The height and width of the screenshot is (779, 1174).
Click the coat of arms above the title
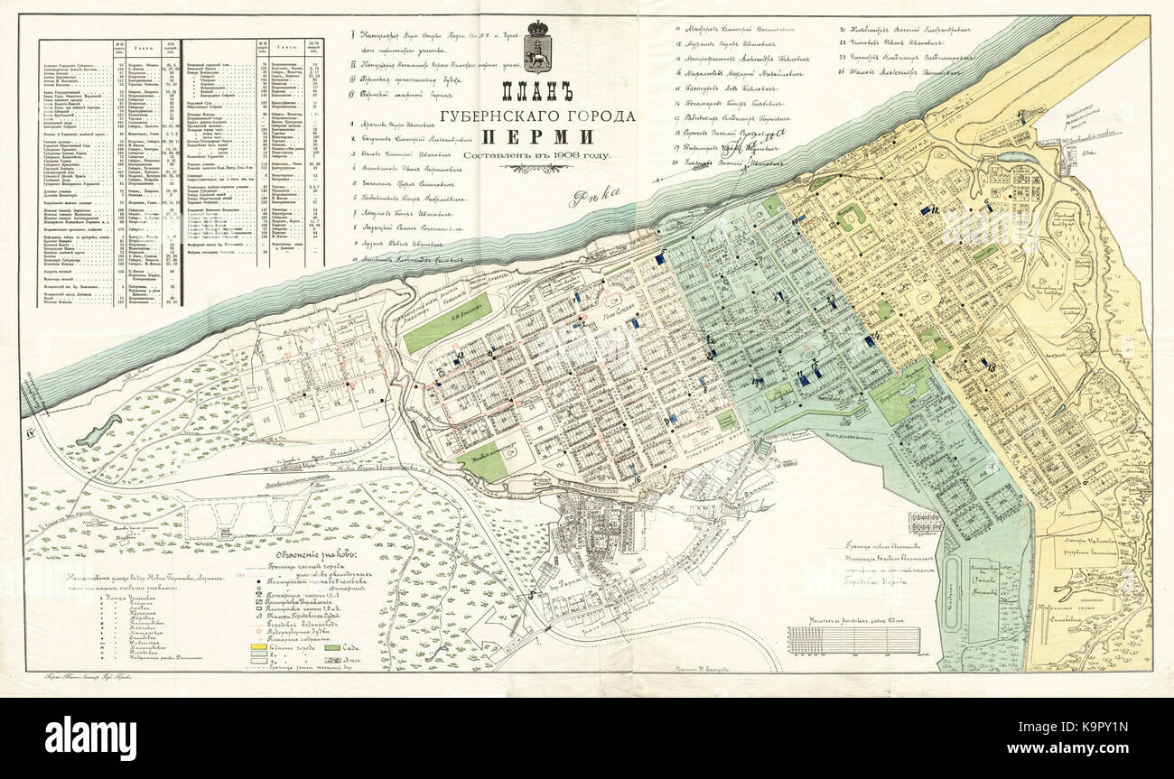[539, 48]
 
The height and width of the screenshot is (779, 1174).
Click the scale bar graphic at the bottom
[853, 639]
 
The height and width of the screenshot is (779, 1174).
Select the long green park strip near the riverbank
[447, 321]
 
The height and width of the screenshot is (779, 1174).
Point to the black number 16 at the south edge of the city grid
[637, 479]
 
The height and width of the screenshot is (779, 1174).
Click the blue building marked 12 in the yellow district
[925, 209]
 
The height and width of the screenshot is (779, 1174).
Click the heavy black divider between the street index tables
[181, 172]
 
